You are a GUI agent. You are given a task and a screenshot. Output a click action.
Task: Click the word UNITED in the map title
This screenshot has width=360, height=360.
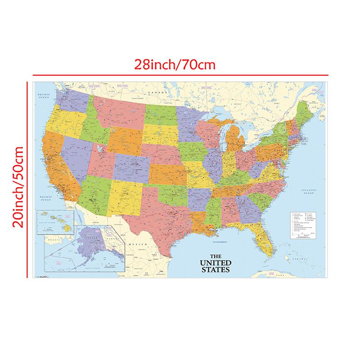216,263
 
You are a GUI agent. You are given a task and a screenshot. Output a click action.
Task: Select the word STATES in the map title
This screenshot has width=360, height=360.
216,270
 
